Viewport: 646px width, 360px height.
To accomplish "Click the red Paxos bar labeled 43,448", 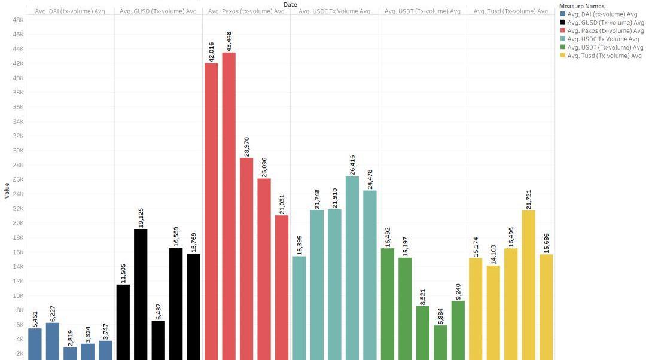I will point(228,203).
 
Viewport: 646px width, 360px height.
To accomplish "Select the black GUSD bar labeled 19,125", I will point(141,293).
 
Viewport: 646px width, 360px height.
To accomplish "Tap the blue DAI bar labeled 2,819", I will point(70,353).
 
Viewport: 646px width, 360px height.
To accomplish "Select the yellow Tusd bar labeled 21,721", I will point(528,284).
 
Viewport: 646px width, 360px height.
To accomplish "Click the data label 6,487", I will point(159,310).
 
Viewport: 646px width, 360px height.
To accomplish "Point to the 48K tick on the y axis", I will point(17,20).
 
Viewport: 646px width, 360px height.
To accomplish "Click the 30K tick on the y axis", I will point(17,151).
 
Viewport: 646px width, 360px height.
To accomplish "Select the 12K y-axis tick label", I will point(17,281).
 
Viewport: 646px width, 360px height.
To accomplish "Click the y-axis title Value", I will point(7,190).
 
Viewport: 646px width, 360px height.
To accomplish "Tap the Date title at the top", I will point(290,4).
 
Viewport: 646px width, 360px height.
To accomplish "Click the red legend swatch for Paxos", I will point(562,31).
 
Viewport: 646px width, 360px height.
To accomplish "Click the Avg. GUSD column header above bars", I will point(158,11).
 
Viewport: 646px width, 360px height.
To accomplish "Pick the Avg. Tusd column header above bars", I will point(510,11).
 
